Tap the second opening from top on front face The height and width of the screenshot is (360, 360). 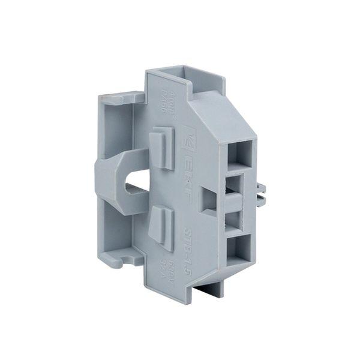pos(236,182)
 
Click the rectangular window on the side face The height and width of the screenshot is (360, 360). pos(208,200)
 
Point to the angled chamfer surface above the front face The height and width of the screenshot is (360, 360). pos(228,114)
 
